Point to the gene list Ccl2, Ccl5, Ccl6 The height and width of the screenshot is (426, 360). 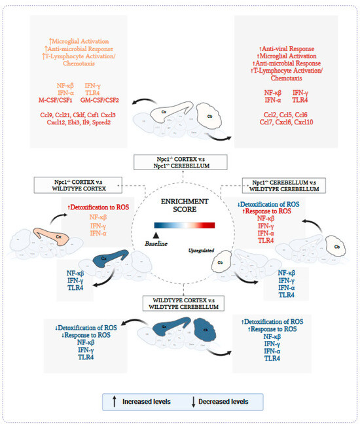click(287, 113)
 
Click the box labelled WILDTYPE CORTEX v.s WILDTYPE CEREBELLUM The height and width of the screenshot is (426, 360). click(180, 302)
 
